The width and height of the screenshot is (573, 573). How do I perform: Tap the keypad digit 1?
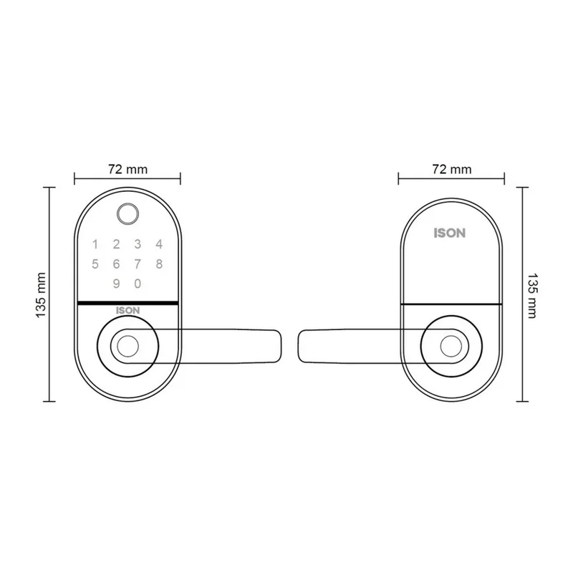(x=95, y=244)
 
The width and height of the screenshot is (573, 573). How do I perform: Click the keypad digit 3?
(x=138, y=244)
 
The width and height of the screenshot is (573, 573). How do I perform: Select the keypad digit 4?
(x=159, y=244)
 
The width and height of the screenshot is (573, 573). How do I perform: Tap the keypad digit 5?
(x=95, y=264)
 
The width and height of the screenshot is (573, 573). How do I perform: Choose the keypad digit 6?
(x=116, y=264)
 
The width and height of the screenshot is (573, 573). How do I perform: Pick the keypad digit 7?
(x=138, y=264)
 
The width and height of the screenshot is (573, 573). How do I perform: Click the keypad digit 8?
(x=159, y=264)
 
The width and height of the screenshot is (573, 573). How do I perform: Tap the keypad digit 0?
(x=138, y=284)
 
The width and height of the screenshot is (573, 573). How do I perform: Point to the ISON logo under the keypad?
(x=128, y=311)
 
